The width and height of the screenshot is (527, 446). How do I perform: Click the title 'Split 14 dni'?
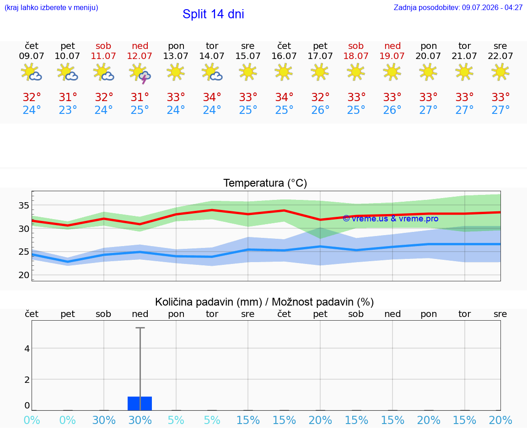[x=213, y=14]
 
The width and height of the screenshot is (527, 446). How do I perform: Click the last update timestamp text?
[x=458, y=7]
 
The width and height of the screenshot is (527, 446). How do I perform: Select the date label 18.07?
[x=356, y=56]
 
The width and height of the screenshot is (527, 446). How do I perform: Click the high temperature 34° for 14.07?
[x=212, y=97]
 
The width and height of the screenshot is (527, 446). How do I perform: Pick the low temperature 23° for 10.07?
[x=68, y=110]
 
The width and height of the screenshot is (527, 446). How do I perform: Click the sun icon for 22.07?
[x=500, y=72]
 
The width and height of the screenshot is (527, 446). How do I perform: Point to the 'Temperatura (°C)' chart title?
[x=265, y=183]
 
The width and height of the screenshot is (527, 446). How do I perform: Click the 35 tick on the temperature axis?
[x=24, y=205]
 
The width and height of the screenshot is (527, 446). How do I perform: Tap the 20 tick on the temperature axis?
[x=24, y=275]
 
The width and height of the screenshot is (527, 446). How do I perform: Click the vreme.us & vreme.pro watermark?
[x=391, y=219]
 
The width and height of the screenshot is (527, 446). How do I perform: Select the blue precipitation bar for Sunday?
[x=140, y=403]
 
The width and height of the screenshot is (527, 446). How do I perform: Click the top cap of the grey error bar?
[x=140, y=328]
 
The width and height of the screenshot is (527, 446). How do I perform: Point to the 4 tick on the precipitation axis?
[x=27, y=349]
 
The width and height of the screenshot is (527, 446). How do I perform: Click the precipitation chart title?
[x=264, y=302]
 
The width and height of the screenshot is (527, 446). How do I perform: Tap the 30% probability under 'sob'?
[x=104, y=420]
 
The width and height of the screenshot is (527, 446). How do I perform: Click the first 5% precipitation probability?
[x=176, y=420]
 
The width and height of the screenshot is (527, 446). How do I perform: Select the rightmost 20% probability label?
[x=500, y=420]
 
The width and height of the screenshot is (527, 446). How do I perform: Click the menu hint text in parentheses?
[x=51, y=7]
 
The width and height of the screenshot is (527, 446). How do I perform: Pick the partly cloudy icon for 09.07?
[x=31, y=72]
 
